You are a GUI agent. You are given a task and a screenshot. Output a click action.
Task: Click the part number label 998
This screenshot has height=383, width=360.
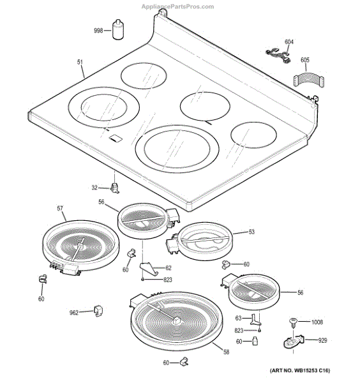click(x=98, y=30)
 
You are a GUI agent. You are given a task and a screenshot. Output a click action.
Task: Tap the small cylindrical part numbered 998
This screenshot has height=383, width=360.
click(x=117, y=29)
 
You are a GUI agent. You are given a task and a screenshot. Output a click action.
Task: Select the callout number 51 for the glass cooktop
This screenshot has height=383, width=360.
click(x=80, y=62)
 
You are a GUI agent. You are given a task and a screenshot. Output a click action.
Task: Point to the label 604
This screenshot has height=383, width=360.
click(x=289, y=42)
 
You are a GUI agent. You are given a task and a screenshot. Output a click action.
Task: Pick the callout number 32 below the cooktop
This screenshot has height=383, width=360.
click(x=95, y=188)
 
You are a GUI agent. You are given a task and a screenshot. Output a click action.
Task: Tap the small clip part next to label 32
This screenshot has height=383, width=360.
click(x=115, y=187)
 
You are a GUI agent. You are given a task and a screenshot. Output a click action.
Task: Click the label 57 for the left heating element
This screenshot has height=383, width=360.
click(x=60, y=209)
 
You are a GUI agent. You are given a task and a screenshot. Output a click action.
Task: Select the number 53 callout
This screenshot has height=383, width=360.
click(x=251, y=232)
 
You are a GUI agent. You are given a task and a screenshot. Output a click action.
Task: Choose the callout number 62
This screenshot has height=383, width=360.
click(x=169, y=267)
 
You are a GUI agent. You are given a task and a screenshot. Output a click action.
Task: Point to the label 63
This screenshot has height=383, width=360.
click(x=238, y=317)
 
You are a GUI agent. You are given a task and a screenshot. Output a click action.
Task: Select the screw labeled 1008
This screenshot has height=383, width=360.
click(x=295, y=322)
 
